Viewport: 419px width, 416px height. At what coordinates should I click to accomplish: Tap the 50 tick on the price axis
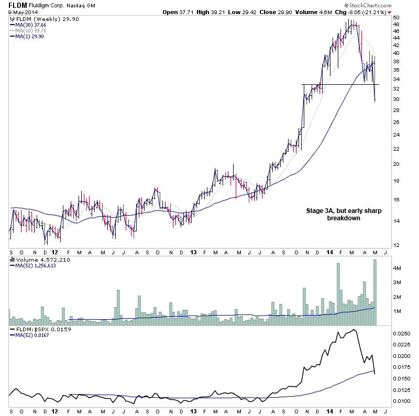click(396, 18)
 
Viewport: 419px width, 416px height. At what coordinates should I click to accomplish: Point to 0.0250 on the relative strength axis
click(401, 333)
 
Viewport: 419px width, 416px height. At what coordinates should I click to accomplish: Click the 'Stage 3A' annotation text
click(343, 211)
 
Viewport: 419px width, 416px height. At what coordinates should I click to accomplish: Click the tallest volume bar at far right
click(375, 293)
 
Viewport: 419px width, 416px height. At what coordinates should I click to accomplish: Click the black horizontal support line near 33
click(340, 84)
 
